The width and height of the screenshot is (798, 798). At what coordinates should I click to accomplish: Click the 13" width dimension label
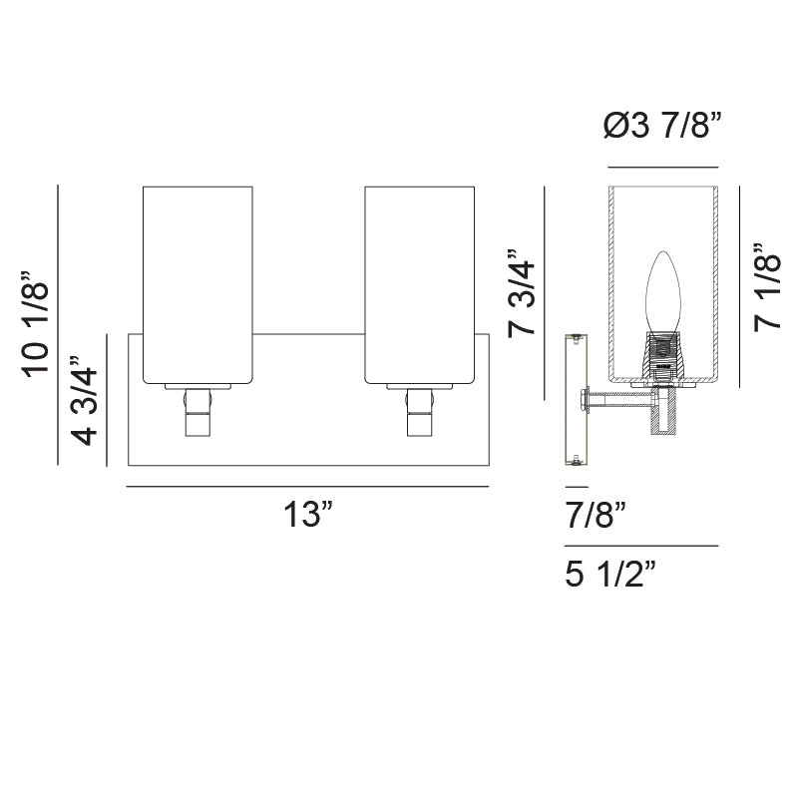point(308,514)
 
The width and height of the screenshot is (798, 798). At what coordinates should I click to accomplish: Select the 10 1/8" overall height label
point(36,325)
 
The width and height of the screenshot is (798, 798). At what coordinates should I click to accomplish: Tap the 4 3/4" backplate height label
point(84,401)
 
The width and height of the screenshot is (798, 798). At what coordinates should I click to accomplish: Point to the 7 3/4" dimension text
point(522,292)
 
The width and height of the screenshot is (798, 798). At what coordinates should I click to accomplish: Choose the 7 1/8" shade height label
point(767,287)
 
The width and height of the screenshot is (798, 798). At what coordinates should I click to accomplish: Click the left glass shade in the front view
point(198,285)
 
